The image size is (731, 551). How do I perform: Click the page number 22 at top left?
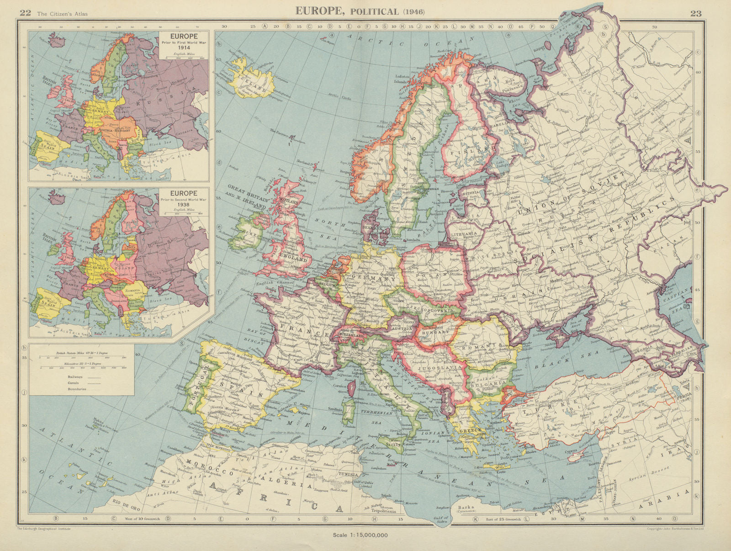tap(25, 13)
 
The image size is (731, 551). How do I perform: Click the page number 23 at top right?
tap(696, 13)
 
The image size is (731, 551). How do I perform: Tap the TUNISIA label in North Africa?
tap(348, 475)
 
